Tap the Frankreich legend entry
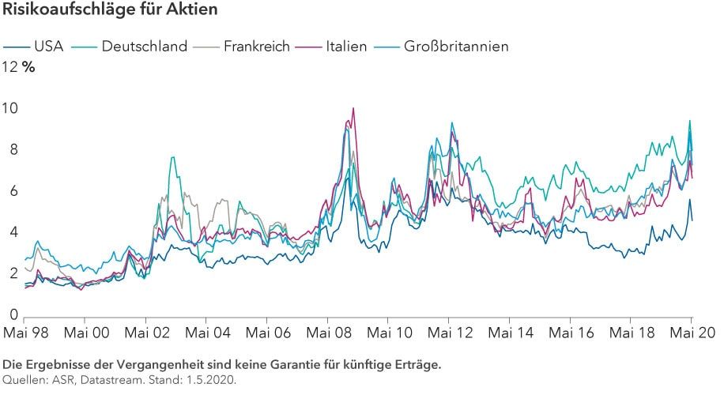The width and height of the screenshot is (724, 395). tap(257, 46)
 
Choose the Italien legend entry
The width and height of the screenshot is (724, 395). tap(346, 46)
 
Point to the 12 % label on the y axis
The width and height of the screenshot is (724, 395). tap(20, 67)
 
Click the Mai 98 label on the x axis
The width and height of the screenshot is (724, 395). tap(26, 332)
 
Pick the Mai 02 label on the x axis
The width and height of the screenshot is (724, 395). tap(147, 332)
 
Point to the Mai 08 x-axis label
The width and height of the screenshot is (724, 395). tap(328, 332)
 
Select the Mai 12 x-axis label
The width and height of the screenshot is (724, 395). tap(449, 332)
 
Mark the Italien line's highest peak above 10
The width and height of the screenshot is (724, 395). tap(353, 108)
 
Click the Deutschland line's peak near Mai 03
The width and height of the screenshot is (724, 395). tap(172, 157)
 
